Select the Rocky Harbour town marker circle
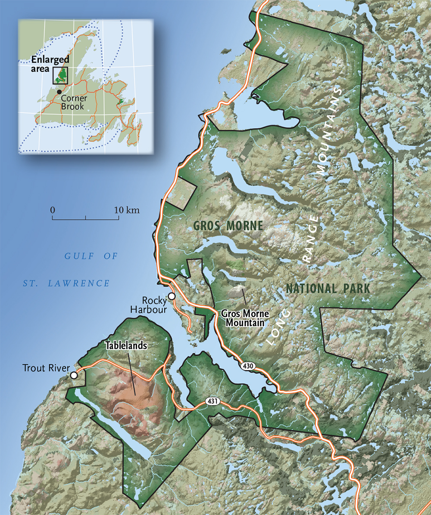coord(172,296)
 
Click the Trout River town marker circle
coord(74,375)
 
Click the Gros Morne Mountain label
coord(242,317)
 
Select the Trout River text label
coord(44,368)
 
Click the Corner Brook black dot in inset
coord(59,92)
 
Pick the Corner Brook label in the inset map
coord(73,102)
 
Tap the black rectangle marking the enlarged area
coord(60,76)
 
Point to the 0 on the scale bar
coord(53,210)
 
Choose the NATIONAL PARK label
coord(328,289)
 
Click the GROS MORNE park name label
coord(228,226)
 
